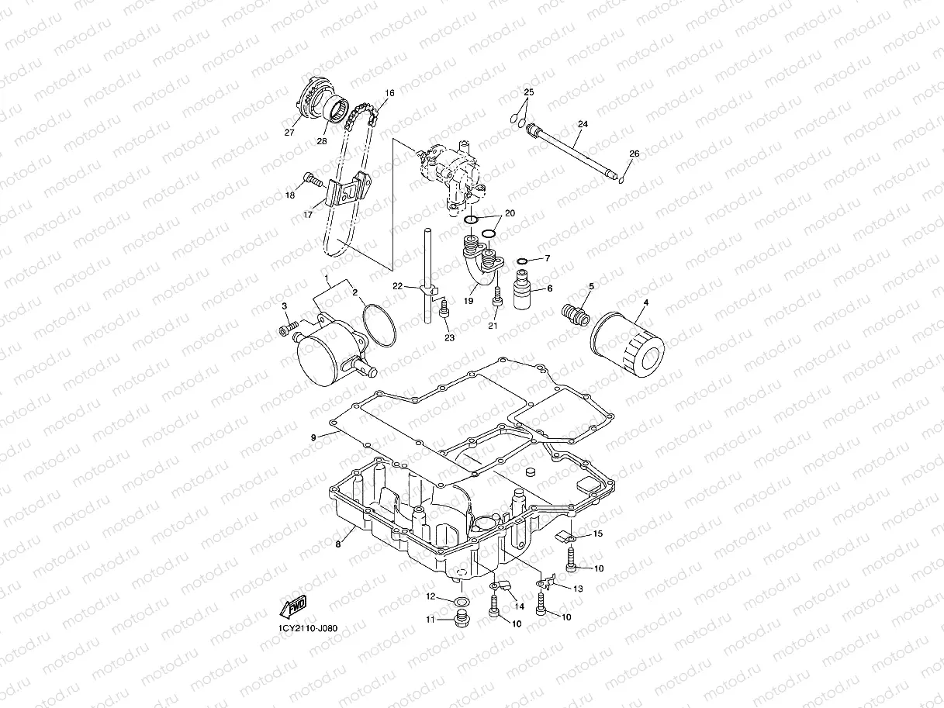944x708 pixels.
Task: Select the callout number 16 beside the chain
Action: (389, 94)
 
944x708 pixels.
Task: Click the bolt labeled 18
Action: (313, 181)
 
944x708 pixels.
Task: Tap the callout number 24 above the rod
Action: (583, 124)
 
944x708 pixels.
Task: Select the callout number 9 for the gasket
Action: (314, 438)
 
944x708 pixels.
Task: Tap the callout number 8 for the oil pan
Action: (338, 544)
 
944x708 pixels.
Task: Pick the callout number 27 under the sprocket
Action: (290, 133)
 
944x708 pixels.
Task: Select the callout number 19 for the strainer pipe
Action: (469, 301)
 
